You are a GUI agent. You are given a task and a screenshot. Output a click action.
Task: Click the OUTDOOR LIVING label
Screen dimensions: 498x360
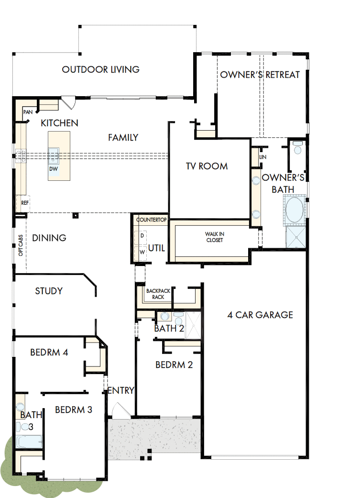click(101, 69)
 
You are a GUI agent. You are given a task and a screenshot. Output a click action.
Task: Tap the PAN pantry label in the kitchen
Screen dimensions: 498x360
click(28, 112)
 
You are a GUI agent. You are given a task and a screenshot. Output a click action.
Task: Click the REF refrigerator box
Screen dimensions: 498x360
click(25, 203)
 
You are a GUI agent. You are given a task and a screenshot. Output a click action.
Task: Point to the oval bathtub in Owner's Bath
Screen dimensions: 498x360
click(294, 210)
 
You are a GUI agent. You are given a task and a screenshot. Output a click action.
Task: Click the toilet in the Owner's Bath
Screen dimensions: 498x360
click(297, 148)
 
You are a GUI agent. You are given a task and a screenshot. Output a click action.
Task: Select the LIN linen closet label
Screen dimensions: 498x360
click(262, 157)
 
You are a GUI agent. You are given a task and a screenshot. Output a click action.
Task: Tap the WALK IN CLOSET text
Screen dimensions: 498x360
click(214, 237)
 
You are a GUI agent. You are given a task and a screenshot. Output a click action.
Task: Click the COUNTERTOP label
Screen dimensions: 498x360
click(151, 220)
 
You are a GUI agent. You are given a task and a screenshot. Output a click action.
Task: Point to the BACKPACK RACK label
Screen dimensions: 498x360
click(155, 294)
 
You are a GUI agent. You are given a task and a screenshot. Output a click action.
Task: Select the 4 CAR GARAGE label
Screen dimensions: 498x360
click(260, 315)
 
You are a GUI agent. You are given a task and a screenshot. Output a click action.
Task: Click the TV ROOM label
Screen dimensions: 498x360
click(207, 166)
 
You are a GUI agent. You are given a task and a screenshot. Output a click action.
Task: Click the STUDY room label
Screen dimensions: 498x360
click(49, 291)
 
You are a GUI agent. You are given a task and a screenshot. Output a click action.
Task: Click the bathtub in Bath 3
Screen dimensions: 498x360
click(29, 442)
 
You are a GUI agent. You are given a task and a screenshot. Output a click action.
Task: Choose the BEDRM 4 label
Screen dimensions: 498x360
click(49, 353)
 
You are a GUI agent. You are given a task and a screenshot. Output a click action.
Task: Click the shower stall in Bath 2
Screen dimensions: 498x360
click(194, 319)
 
